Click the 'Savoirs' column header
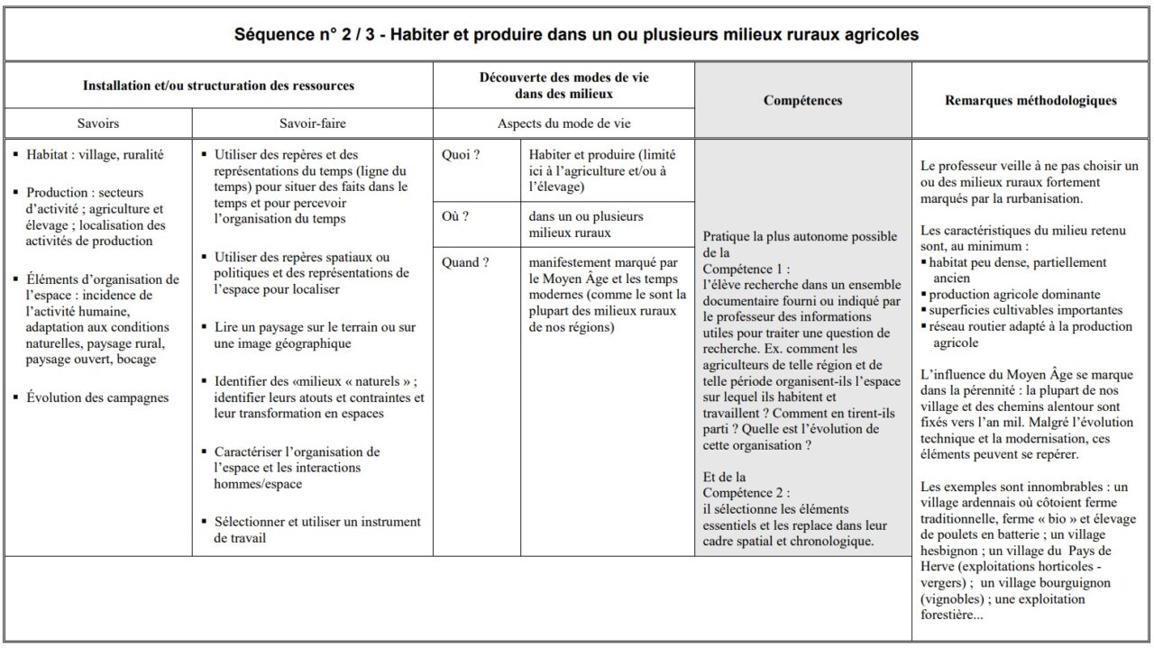97,123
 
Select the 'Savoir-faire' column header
312,123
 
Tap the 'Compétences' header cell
802,100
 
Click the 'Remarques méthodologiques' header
1030,100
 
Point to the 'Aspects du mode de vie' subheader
563,123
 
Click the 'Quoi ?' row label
461,154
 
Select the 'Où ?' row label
455,216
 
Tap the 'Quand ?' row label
465,262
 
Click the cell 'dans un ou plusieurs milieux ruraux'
586,224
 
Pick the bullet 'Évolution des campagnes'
97,397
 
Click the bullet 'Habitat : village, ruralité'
95,154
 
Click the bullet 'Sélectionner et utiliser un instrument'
316,530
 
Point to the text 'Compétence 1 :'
746,269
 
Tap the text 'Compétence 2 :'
746,492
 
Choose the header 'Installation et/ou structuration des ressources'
218,86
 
